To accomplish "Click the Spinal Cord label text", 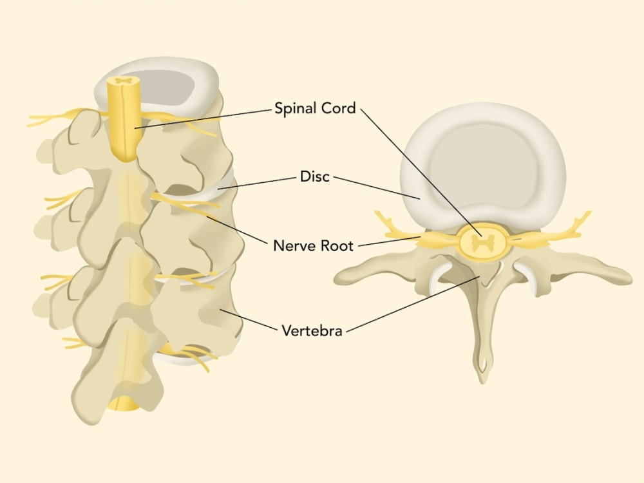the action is (x=315, y=108).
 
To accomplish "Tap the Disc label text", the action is (x=315, y=176).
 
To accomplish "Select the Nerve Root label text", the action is (x=314, y=245).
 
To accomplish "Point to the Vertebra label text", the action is (x=312, y=330).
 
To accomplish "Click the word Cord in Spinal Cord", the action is (x=339, y=108).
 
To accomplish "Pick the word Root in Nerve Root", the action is (x=337, y=245).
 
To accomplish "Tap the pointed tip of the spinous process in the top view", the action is (x=483, y=381).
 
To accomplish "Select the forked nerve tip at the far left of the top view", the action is (x=382, y=218).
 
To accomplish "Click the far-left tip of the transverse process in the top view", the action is (x=336, y=279).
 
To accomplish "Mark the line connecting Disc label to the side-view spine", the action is (x=257, y=183).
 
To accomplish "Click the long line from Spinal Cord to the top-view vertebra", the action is (x=421, y=172).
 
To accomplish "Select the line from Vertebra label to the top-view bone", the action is (x=413, y=304).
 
